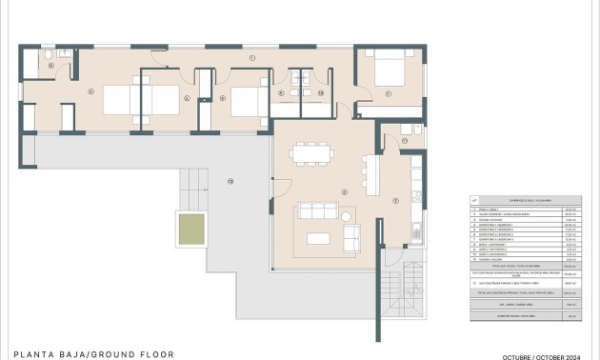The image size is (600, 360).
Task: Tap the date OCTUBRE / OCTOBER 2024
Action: coord(543,354)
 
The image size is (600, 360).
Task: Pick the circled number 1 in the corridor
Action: coord(251,59)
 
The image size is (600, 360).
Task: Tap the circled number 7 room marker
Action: coord(390,93)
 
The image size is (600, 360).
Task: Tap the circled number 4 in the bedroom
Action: coord(90,91)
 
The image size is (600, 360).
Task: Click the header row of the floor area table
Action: coord(525,200)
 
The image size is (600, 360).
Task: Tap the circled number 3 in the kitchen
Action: coord(396,200)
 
